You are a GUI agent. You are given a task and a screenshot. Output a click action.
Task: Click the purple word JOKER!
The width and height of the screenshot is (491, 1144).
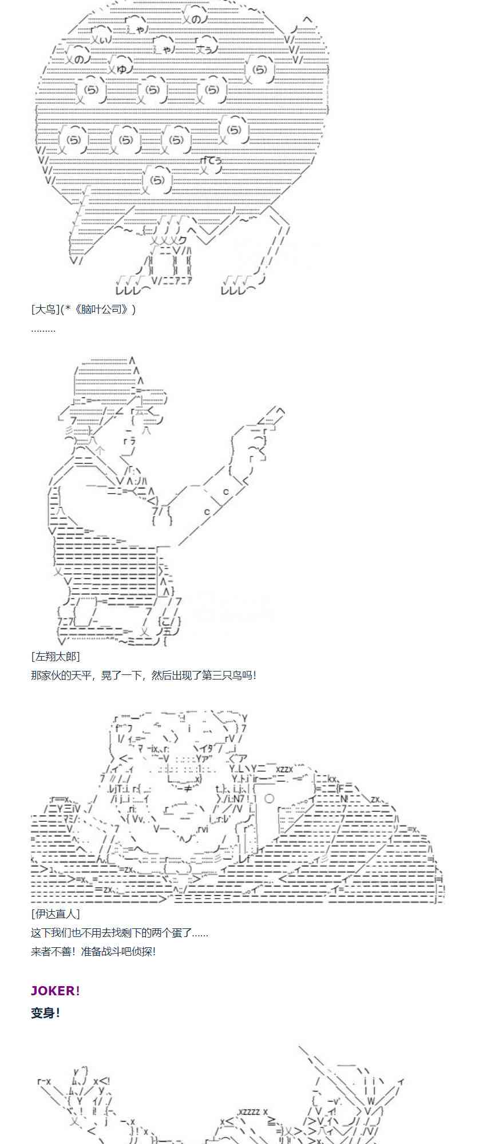[x=56, y=991]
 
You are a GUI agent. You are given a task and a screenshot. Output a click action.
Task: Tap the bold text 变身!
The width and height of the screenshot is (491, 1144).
[x=46, y=1012]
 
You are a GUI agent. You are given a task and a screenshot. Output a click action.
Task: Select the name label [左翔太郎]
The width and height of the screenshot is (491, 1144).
[x=56, y=656]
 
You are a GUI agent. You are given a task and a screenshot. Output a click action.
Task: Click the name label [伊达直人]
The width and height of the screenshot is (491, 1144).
[x=56, y=914]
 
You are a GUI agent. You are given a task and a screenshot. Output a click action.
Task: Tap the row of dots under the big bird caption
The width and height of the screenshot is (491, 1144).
[x=43, y=329]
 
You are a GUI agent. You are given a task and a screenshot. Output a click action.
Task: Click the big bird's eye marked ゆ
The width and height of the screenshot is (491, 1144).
[x=121, y=69]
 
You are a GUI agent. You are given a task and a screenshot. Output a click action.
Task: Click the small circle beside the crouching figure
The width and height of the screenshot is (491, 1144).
[x=269, y=798]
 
